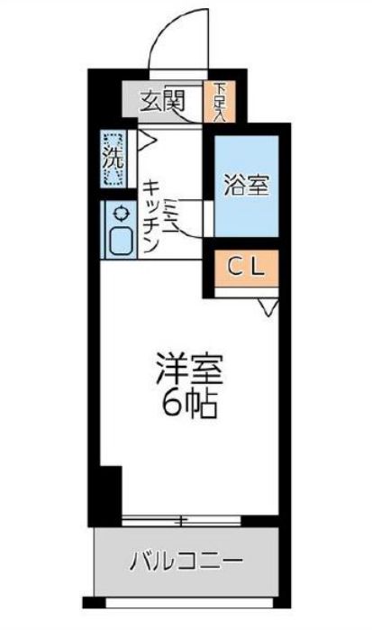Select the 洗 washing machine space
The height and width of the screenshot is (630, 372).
point(111,159)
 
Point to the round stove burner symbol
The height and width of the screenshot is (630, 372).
point(117,215)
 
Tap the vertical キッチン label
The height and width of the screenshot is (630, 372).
point(151,216)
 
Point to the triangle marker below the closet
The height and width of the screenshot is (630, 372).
point(268,309)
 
